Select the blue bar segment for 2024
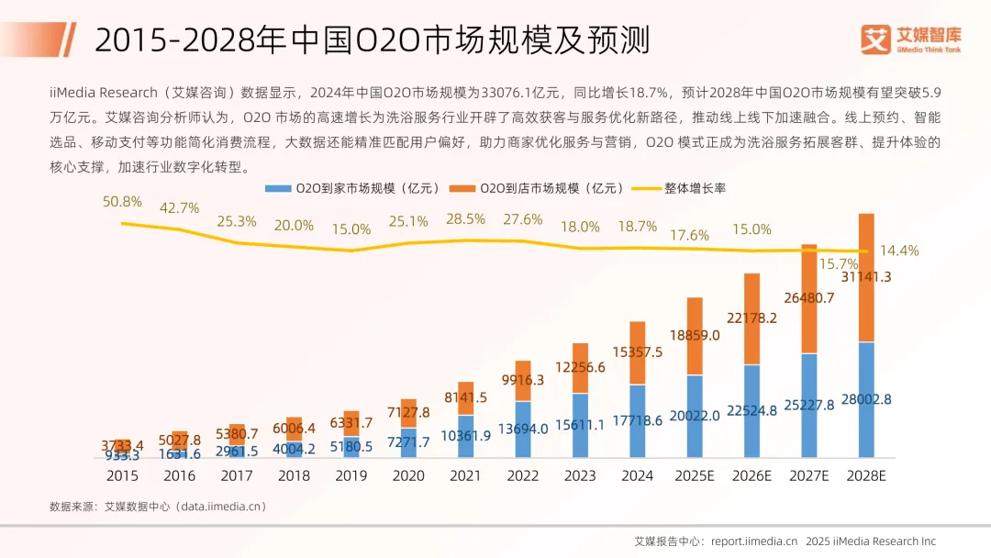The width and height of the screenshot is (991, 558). click(638, 421)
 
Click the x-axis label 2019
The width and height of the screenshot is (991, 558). click(351, 475)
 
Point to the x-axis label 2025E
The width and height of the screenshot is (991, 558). click(694, 475)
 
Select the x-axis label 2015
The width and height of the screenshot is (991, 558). click(123, 475)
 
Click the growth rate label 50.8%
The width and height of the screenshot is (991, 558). click(122, 202)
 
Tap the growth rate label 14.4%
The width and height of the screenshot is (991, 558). click(899, 251)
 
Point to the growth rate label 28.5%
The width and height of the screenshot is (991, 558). click(465, 219)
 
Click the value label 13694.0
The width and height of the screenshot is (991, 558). click(523, 429)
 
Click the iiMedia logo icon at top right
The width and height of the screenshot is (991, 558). click(876, 39)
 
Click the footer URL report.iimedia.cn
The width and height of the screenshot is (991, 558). click(753, 541)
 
